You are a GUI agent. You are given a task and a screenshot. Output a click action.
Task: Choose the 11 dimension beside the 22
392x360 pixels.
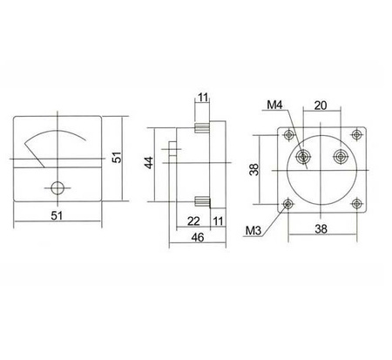tap(218, 221)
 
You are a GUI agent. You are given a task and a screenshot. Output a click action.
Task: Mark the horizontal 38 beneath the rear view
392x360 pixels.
tap(322, 229)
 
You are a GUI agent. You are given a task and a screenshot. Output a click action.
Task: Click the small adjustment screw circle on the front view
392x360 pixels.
tap(58, 187)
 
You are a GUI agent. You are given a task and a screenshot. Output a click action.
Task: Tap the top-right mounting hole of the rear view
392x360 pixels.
tap(356, 134)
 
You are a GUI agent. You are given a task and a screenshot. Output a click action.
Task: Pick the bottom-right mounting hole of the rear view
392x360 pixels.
tap(356, 203)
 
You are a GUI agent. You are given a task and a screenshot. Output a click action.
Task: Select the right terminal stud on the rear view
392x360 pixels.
tap(340, 158)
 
